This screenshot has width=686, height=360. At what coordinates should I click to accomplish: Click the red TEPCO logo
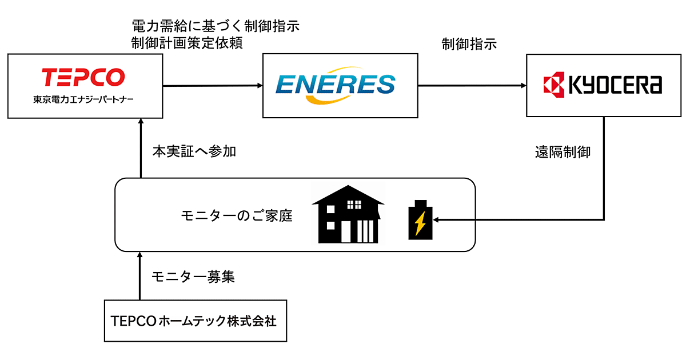point(83,77)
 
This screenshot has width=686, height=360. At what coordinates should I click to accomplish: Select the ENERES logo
point(335,85)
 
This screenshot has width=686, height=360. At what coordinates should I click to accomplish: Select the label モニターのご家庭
point(236,216)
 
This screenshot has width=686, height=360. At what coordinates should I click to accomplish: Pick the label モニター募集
point(193,277)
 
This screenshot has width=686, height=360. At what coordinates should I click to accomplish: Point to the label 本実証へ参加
point(194,151)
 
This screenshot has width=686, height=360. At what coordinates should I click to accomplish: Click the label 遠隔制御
point(563,152)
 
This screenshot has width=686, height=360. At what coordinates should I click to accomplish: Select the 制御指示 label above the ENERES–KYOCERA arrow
point(469,44)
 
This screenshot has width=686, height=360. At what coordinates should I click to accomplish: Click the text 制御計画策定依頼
point(187,43)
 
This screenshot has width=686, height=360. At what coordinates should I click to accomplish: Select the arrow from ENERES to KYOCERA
point(472,86)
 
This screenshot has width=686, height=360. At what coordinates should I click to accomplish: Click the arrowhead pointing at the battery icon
point(438,219)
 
